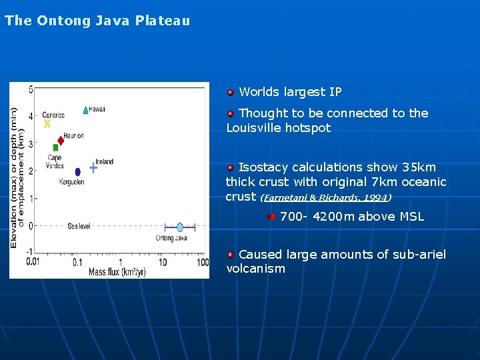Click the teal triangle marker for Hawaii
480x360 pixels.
(x=85, y=110)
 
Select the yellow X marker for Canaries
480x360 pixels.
(x=47, y=124)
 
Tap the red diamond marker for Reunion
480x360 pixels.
(x=61, y=141)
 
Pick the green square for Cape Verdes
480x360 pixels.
(x=55, y=147)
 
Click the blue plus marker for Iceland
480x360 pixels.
(x=93, y=168)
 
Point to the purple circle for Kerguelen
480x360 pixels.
(x=77, y=172)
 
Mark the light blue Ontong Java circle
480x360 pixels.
(x=180, y=227)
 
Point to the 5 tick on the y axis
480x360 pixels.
(x=30, y=89)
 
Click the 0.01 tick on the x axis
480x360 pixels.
(x=33, y=262)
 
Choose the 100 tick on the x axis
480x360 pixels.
(x=203, y=262)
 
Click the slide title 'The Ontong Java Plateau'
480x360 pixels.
(x=97, y=21)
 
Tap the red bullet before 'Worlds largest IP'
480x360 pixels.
(x=230, y=93)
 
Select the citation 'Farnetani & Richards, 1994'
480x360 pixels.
(x=325, y=198)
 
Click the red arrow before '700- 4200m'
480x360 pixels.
(x=271, y=217)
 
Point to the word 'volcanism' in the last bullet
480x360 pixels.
(x=256, y=269)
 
